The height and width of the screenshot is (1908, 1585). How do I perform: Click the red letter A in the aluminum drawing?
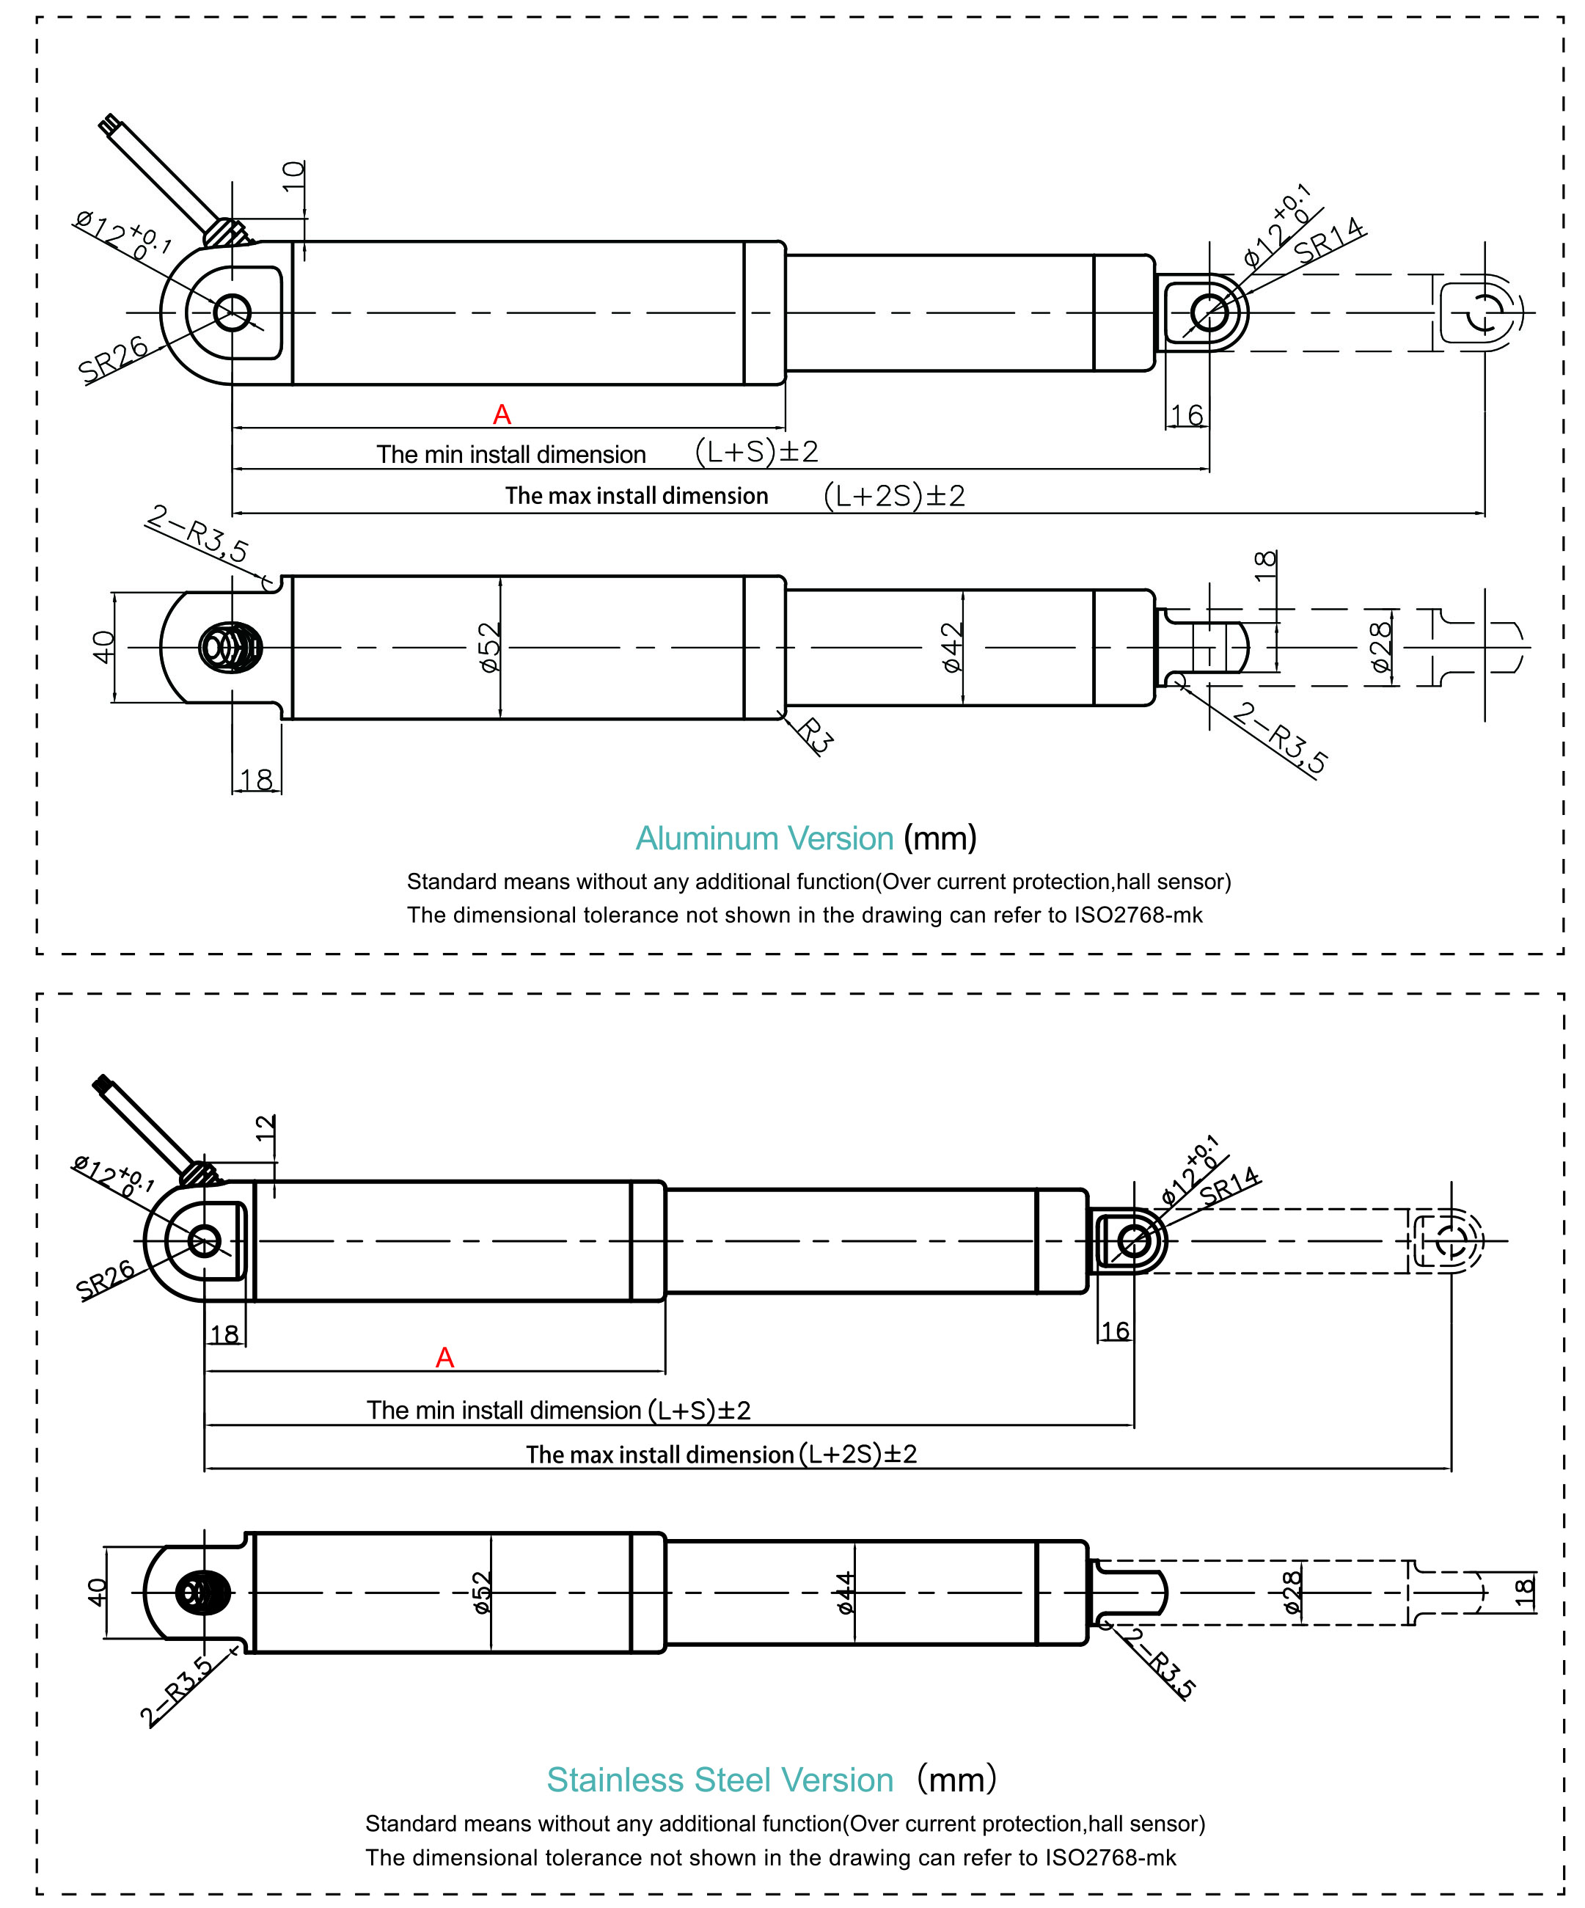[502, 415]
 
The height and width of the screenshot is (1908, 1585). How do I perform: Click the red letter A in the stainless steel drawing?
[444, 1357]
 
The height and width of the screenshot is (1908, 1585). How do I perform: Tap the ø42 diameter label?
[951, 647]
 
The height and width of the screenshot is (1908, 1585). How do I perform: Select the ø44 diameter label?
[845, 1593]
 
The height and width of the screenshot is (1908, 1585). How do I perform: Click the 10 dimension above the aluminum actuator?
[293, 175]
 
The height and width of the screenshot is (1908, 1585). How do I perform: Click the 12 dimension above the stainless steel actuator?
[264, 1127]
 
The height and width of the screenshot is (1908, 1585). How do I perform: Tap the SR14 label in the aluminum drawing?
[1328, 241]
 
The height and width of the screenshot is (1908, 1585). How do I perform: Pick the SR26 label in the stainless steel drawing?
[106, 1279]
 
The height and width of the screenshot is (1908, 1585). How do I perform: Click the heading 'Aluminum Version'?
[764, 838]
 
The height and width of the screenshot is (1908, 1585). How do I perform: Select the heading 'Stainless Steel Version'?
[720, 1780]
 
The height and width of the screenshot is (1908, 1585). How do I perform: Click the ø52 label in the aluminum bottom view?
[489, 647]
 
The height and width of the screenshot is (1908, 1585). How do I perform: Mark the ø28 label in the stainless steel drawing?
[1292, 1593]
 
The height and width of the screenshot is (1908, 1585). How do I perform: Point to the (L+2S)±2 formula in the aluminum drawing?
[894, 496]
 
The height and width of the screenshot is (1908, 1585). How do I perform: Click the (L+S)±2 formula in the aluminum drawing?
[757, 452]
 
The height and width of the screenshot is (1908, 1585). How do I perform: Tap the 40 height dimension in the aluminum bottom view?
[103, 647]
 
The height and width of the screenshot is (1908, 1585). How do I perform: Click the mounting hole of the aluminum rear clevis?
[233, 312]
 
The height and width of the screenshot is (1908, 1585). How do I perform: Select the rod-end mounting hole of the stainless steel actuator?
[1134, 1241]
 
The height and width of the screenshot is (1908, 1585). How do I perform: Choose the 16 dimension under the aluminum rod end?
[1186, 415]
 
